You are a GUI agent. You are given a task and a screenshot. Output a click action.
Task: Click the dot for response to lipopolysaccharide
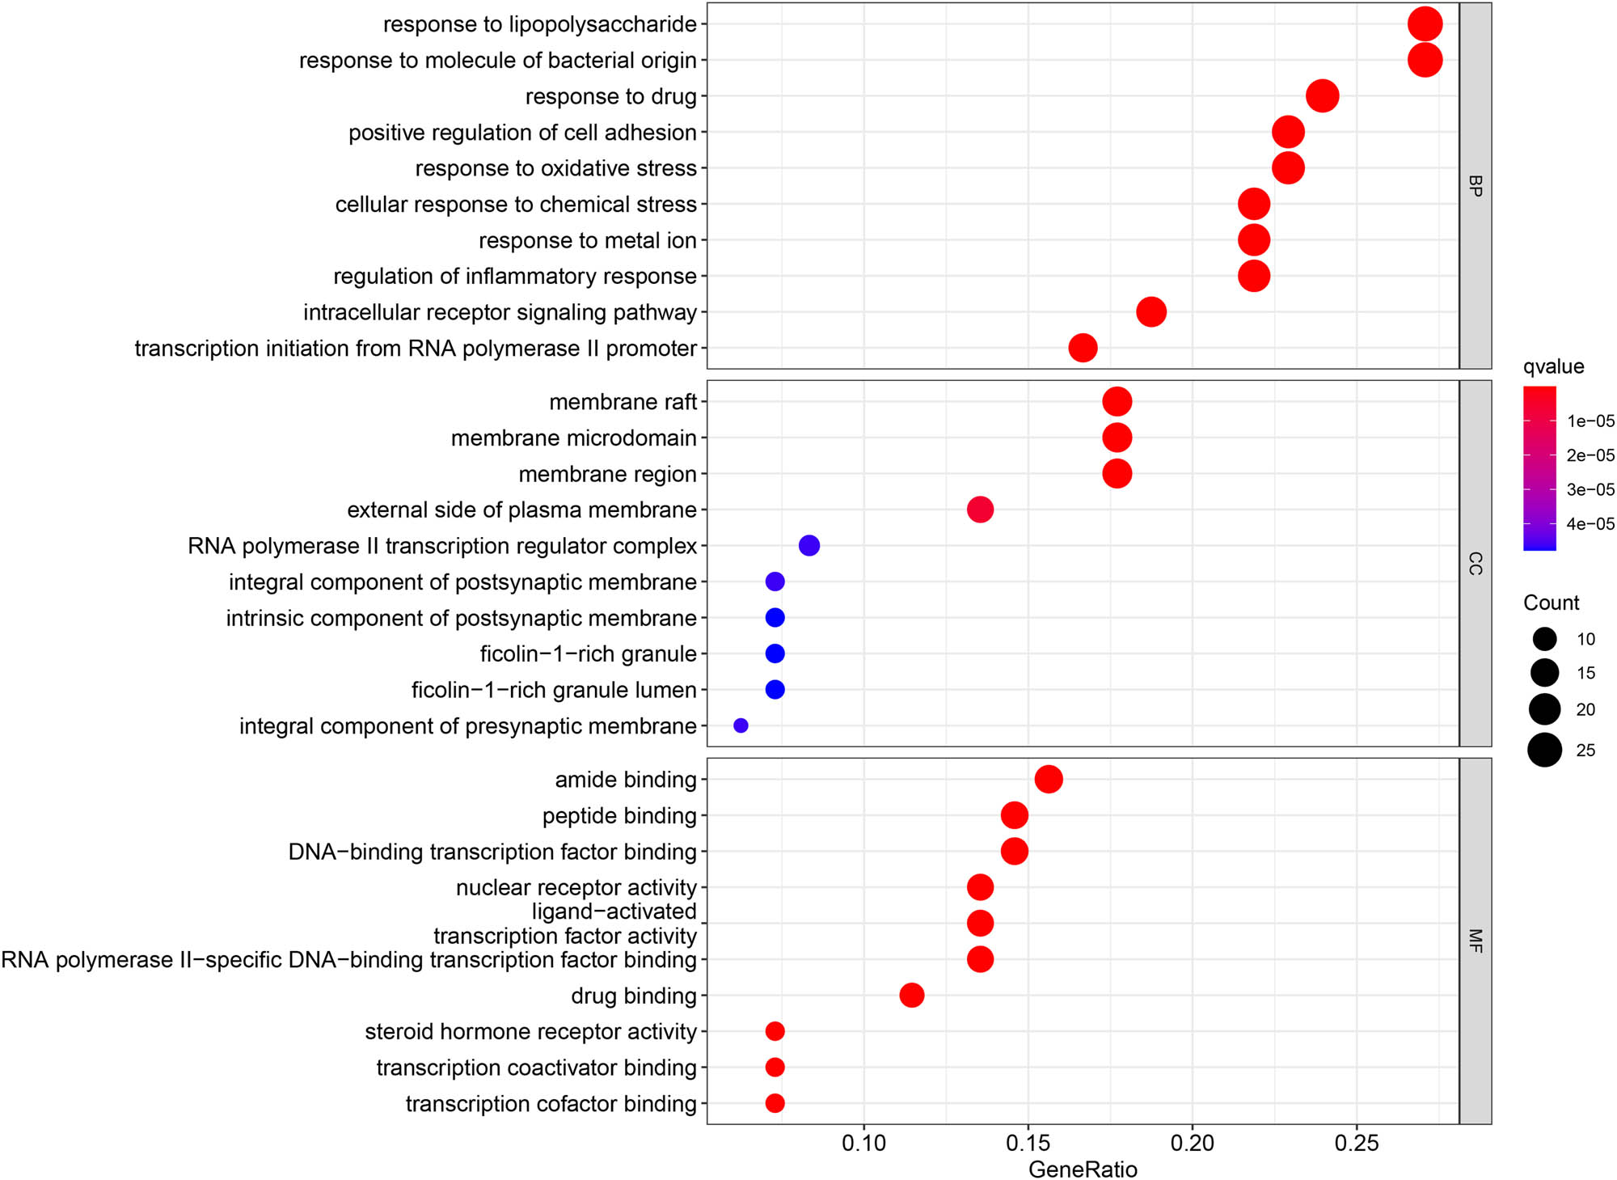point(1425,24)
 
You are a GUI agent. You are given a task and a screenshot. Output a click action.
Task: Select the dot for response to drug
point(1322,96)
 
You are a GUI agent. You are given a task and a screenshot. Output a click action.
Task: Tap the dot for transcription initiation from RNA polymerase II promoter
point(1083,348)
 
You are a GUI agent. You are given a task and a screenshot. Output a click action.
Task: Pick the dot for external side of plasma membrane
point(980,510)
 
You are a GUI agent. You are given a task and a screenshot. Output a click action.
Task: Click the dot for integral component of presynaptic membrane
point(741,725)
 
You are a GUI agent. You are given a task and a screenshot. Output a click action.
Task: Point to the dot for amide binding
point(1049,779)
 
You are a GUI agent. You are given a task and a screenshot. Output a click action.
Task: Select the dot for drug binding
point(911,995)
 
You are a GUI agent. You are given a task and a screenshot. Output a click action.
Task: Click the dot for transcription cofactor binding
point(775,1103)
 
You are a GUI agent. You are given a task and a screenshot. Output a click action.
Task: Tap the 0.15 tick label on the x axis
point(1028,1144)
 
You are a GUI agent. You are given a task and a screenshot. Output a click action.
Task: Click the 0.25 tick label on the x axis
point(1356,1144)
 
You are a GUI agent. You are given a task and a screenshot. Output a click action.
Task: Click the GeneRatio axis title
point(1083,1169)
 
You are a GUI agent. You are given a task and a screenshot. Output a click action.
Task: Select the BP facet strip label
point(1475,186)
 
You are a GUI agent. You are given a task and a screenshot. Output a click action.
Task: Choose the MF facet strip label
point(1475,941)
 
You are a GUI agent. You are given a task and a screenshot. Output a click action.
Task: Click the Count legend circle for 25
point(1544,750)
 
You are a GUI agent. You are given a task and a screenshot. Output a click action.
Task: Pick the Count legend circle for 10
point(1544,639)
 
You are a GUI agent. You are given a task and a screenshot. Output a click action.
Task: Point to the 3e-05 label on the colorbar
point(1590,489)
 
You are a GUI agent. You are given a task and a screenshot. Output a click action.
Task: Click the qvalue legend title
point(1553,366)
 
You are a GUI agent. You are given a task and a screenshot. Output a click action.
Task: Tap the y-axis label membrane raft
point(623,402)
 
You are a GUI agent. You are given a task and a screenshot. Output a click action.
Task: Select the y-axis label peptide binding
point(619,815)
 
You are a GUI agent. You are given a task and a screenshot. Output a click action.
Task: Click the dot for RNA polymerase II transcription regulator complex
point(808,546)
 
